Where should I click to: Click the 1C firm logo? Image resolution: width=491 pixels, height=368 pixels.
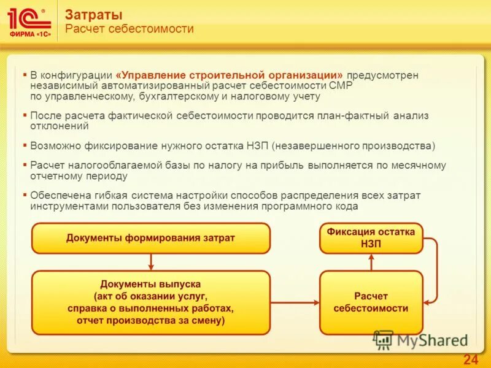tap(29, 22)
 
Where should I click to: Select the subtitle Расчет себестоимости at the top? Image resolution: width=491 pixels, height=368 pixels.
tap(129, 29)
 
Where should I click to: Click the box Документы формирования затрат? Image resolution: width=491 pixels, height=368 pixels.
tap(150, 238)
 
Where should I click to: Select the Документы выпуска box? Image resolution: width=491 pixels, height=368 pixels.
tap(150, 302)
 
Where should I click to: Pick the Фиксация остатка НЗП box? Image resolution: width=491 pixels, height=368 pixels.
tap(371, 238)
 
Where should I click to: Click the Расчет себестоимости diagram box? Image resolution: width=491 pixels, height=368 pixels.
tap(371, 302)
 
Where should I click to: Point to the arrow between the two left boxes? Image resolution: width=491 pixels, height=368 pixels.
tap(150, 262)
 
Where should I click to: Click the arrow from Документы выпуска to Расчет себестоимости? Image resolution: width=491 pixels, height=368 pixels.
tap(295, 302)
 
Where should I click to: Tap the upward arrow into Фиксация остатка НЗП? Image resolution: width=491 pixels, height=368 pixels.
tap(371, 262)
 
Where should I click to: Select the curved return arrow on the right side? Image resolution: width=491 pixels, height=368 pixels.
tap(434, 270)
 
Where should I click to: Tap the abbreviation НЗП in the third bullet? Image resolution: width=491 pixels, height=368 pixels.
tap(257, 146)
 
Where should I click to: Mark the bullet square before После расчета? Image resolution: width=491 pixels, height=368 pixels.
tap(25, 115)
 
